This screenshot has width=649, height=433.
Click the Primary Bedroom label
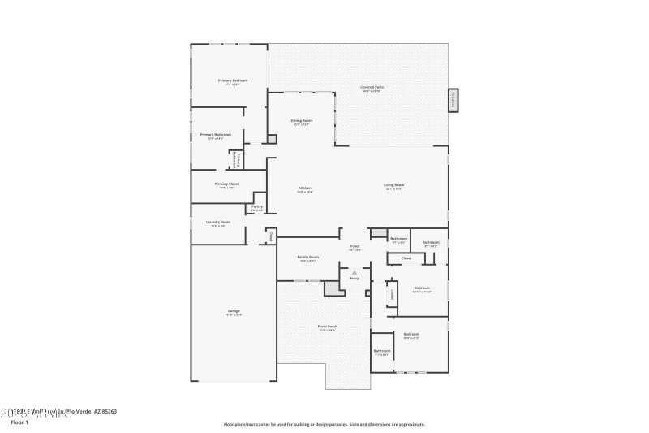click(233, 80)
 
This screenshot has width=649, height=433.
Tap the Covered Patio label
click(372, 87)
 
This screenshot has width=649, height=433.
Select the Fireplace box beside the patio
click(453, 100)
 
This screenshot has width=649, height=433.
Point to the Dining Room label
click(302, 121)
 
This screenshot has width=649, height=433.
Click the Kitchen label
click(304, 188)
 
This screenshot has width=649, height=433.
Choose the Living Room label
click(394, 185)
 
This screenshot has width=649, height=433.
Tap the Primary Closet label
click(227, 184)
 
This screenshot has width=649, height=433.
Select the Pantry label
click(256, 207)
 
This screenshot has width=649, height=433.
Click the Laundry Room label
click(219, 222)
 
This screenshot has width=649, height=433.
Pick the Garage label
click(234, 312)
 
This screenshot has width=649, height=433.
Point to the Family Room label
click(308, 257)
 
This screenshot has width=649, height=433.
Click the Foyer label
click(355, 246)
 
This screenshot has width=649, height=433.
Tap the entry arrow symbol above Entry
click(354, 272)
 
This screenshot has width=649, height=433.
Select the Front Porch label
click(329, 327)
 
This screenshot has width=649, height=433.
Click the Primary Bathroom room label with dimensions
click(216, 135)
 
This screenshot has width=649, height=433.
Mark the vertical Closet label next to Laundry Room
click(271, 236)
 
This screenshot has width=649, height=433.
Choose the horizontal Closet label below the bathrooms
click(406, 258)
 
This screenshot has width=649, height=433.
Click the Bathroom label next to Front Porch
click(381, 351)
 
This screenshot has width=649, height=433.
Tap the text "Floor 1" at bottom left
click(19, 422)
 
